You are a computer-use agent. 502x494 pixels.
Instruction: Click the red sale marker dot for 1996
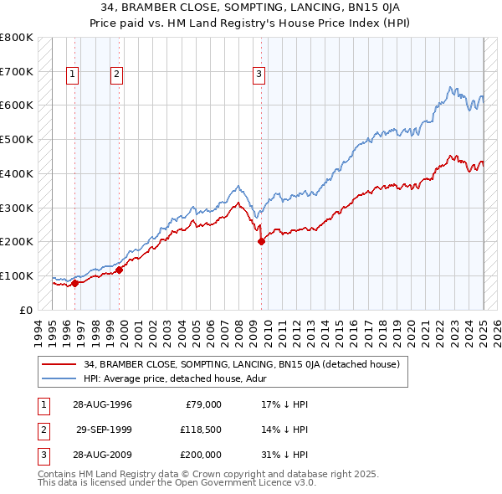[75, 283]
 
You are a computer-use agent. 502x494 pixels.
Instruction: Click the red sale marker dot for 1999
[120, 270]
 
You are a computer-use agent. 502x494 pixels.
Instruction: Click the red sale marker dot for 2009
[262, 241]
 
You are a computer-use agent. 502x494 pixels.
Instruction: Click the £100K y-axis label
[16, 275]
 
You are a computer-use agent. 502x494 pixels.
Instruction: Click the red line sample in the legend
[59, 364]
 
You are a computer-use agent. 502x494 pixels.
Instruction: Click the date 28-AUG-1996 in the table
[102, 404]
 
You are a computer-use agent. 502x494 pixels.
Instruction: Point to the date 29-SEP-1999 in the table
[104, 430]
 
